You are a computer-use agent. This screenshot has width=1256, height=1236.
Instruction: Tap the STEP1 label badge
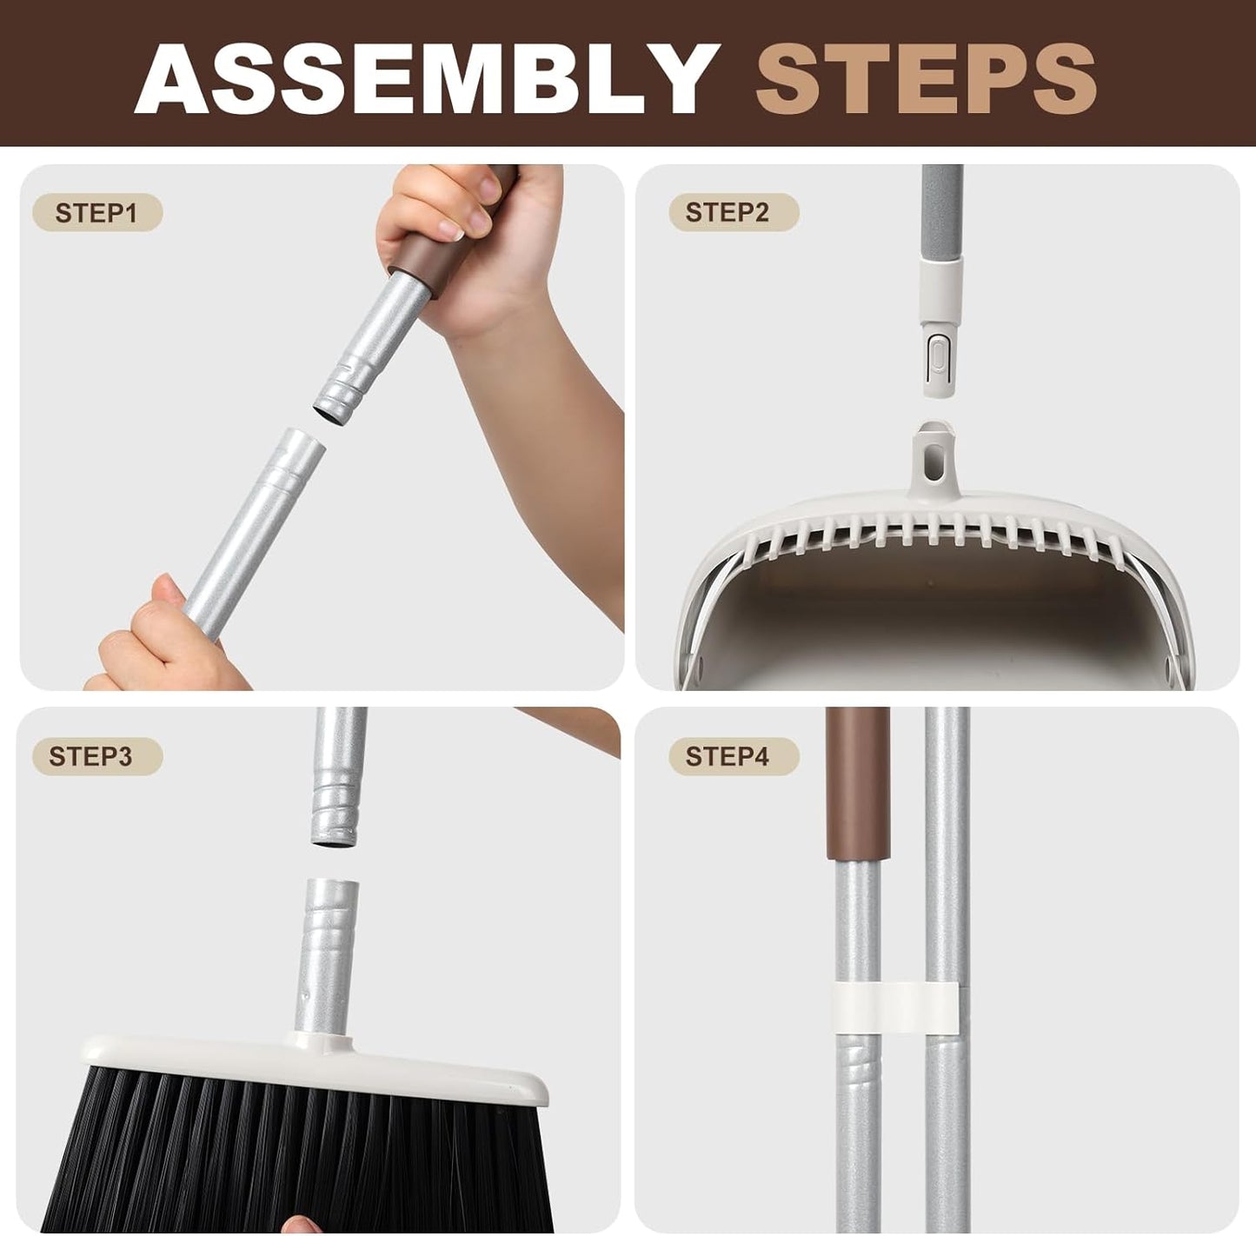(x=96, y=213)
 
